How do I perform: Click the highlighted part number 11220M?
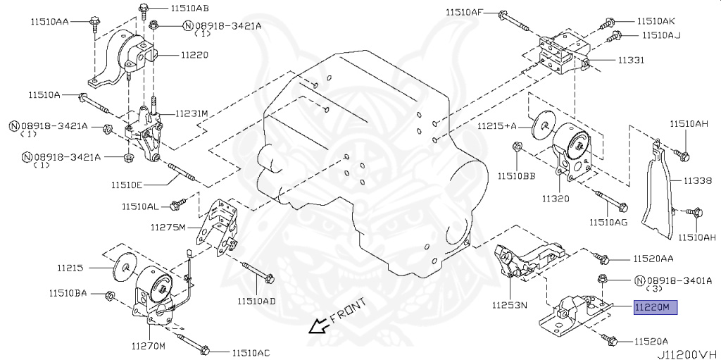(x=656, y=307)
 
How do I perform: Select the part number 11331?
(x=632, y=61)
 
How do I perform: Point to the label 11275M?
(x=168, y=227)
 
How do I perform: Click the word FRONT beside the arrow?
(x=347, y=311)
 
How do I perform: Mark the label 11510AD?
(x=256, y=301)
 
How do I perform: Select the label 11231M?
(x=192, y=113)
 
